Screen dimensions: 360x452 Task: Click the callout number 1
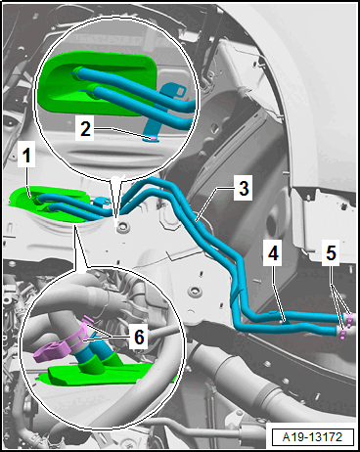(26, 155)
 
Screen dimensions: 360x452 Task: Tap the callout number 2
(85, 129)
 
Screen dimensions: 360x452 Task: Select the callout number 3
(244, 188)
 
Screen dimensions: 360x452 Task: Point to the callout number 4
(273, 253)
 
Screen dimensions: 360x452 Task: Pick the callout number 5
(331, 253)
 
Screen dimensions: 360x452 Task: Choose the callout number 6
(139, 337)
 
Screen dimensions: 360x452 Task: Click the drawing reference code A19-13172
(313, 436)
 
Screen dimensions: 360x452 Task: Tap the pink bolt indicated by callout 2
(153, 139)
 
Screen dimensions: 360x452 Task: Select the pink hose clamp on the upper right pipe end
(349, 321)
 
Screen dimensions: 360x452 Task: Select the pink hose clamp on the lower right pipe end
(342, 335)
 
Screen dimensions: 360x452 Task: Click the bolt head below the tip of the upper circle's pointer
(121, 227)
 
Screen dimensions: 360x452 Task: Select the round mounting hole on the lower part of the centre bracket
(194, 291)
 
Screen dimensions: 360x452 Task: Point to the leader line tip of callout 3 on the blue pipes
(197, 221)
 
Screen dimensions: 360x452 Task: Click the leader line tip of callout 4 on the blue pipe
(285, 322)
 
